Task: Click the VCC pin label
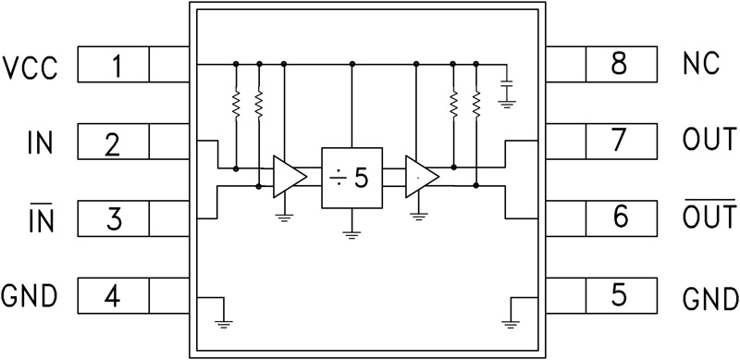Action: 30,67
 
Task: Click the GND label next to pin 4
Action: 30,297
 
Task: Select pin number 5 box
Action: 621,297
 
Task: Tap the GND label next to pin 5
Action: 710,299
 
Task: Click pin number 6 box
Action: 621,220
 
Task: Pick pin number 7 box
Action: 621,144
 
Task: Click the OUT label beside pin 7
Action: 709,144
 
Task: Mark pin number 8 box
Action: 621,67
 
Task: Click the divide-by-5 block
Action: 351,177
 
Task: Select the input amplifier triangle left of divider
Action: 288,177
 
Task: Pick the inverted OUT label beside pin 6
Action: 709,218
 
